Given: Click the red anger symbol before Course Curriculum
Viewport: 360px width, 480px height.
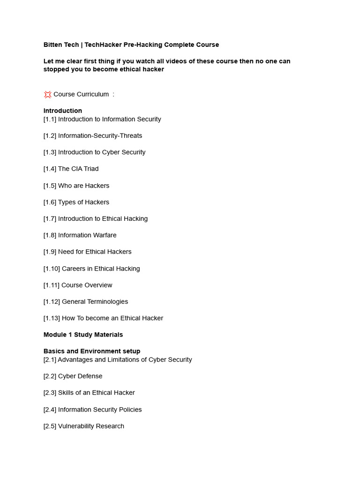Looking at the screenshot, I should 47,94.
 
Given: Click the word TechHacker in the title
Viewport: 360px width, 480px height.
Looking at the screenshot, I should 102,45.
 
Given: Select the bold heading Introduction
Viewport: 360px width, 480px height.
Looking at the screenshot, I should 63,111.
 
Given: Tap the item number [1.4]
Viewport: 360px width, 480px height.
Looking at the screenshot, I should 50,169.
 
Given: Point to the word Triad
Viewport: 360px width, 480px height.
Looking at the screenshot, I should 90,169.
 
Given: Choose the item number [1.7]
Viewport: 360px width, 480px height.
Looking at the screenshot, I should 50,218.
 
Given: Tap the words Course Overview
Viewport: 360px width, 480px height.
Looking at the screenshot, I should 87,285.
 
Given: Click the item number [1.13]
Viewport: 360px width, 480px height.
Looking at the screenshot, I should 52,318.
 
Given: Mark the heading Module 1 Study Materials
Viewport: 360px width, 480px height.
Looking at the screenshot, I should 83,335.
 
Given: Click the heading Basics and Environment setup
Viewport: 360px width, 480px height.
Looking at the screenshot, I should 92,351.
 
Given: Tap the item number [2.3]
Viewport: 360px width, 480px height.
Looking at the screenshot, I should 50,393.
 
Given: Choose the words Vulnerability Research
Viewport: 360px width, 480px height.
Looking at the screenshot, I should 91,426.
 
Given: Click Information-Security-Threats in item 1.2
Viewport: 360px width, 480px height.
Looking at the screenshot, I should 100,136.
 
